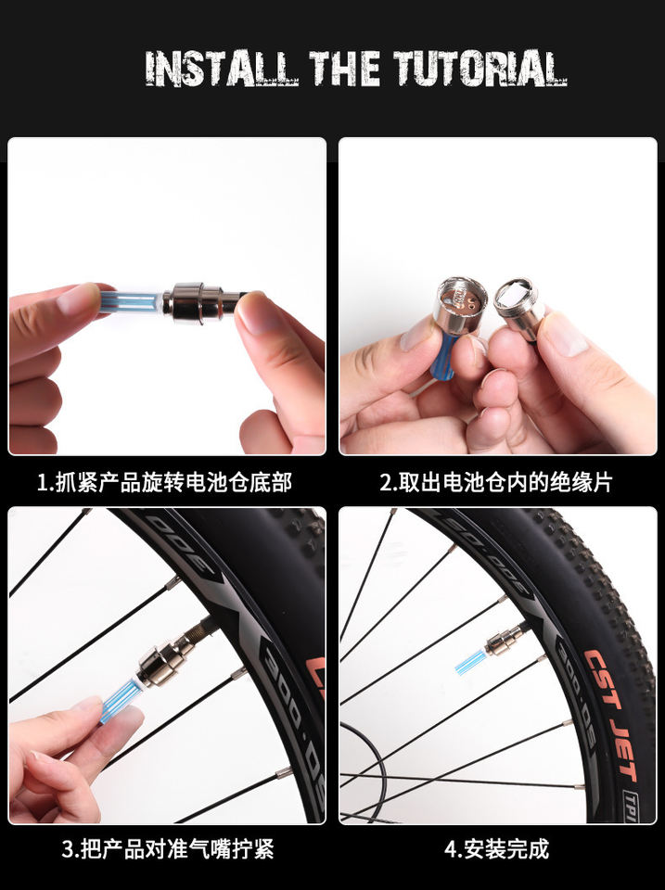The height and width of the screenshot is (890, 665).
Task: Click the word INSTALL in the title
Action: point(222,69)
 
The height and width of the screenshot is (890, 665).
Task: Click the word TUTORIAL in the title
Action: point(481,69)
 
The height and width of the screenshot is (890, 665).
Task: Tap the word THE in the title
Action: point(345,69)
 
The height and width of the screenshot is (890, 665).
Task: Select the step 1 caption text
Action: point(165,482)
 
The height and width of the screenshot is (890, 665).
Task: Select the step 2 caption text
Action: point(496,482)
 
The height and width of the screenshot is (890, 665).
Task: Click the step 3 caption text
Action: point(168,849)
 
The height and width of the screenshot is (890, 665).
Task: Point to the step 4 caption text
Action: point(496,849)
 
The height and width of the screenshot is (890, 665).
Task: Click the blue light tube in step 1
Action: point(132,300)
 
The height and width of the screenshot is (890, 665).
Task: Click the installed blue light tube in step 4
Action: point(471,662)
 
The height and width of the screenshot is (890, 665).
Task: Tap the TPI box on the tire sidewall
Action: point(629,806)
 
